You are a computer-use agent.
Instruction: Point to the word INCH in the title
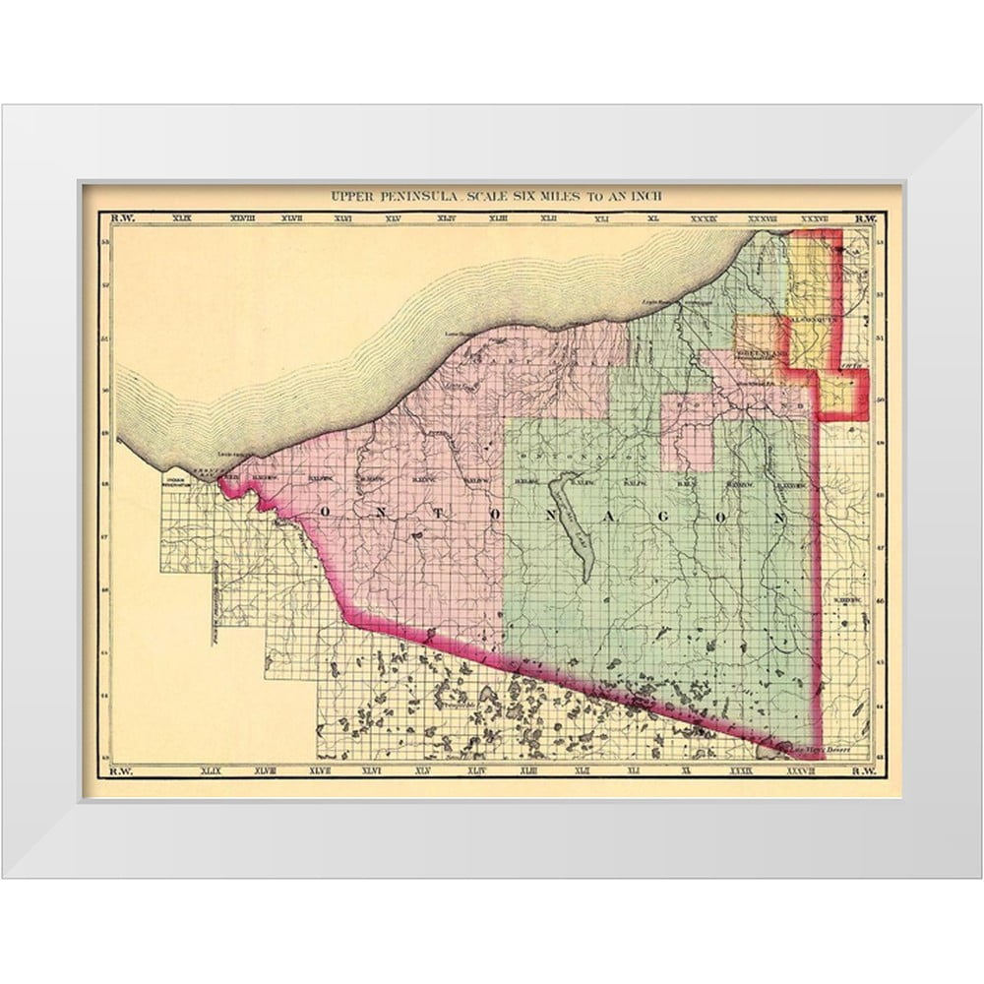coord(646,196)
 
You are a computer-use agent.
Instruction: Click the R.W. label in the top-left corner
coord(122,218)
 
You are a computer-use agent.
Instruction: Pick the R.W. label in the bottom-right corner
coord(862,771)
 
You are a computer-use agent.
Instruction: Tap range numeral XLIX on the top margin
coord(183,218)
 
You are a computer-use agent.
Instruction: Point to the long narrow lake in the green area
coord(572,522)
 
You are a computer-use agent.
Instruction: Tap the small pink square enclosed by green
coord(687,445)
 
